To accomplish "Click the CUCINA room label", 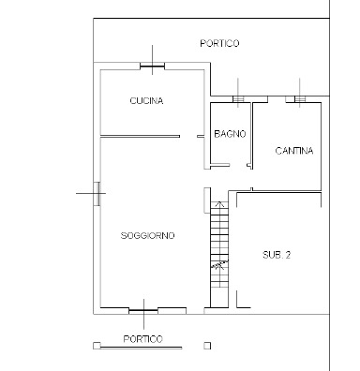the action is tap(146, 101).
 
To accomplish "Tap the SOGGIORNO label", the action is tap(147, 235).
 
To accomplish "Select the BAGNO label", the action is tap(230, 134).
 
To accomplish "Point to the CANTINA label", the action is tap(294, 151).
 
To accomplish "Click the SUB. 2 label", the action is tap(277, 255).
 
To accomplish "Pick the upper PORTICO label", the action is tap(219, 43).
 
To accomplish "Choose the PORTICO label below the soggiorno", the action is tap(143, 339).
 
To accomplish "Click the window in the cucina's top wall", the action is tap(152, 66).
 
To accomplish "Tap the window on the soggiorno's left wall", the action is tap(97, 194).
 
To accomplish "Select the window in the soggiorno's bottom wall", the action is tap(143, 310).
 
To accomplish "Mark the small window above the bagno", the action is tap(238, 99).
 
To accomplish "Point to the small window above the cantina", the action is tap(300, 99).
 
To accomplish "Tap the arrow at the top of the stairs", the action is tap(220, 204).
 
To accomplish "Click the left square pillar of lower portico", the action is tap(97, 346).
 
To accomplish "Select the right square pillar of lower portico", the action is tap(207, 346).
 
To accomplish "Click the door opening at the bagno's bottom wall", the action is tap(238, 165).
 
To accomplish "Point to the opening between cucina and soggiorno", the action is tap(188, 136).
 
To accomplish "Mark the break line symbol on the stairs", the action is tap(219, 265).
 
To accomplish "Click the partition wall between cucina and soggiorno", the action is tap(140, 136).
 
